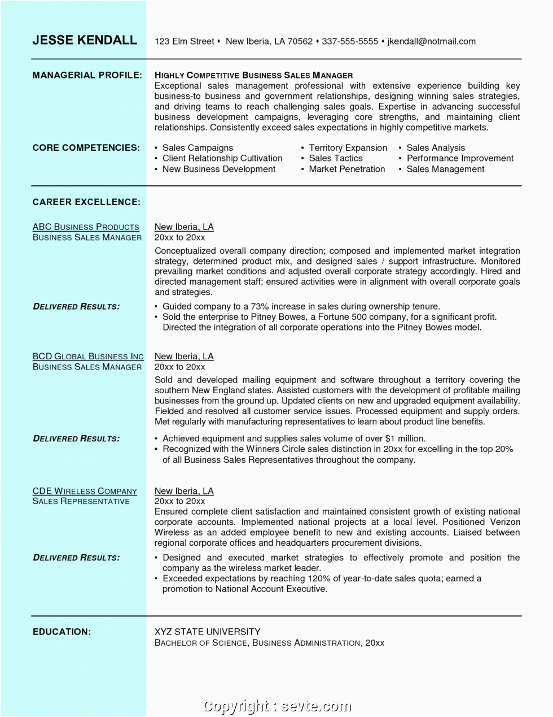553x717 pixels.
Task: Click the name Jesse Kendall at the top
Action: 85,40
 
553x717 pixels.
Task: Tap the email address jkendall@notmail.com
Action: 431,41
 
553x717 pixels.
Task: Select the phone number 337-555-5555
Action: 350,41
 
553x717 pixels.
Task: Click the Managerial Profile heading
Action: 87,75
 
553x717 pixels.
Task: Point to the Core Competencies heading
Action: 86,147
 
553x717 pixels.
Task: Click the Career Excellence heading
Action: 86,202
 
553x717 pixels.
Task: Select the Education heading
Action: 62,632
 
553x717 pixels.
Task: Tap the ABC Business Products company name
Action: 86,227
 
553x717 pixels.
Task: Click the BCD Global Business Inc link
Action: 88,356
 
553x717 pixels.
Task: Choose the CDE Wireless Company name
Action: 85,491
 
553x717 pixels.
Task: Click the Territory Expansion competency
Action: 348,147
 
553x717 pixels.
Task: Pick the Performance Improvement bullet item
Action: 460,158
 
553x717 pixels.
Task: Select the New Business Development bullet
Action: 219,169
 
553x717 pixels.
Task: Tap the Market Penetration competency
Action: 346,169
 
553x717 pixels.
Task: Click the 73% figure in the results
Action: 260,306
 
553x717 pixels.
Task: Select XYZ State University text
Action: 208,632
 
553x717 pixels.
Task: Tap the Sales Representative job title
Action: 81,501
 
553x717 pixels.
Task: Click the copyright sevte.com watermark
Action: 277,706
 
